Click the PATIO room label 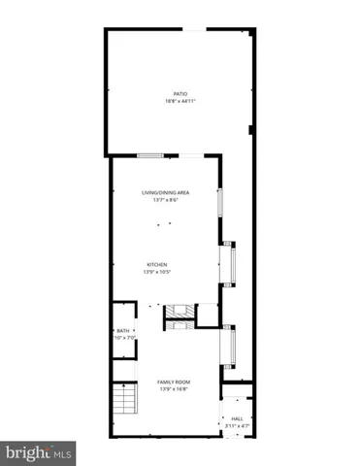point(180,94)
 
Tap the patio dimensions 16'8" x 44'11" point(180,102)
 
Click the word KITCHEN point(157,264)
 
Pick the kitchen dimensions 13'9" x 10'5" point(157,272)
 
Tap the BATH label point(122,331)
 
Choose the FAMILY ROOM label point(174,383)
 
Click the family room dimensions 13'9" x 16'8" point(174,390)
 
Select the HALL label point(237,418)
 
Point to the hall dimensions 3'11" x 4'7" point(237,426)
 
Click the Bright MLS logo point(39,451)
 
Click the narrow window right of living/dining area point(219,204)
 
